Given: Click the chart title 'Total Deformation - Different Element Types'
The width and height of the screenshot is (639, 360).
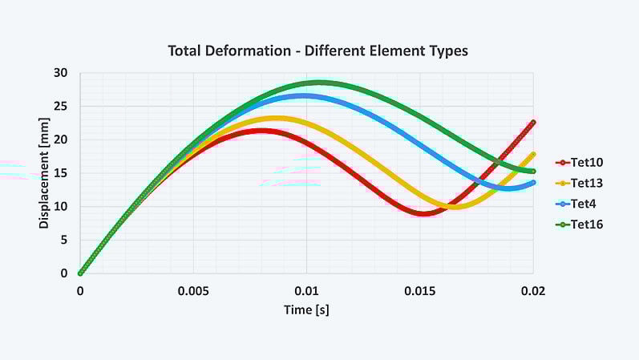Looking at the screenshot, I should [x=317, y=51].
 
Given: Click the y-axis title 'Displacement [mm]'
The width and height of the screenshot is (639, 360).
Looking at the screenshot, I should [x=44, y=172].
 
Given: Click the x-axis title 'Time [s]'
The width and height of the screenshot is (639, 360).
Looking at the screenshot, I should [x=306, y=309].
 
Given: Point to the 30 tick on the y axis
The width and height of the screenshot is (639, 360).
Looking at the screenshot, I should [x=62, y=73].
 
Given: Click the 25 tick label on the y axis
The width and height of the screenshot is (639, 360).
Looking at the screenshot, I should [x=62, y=107].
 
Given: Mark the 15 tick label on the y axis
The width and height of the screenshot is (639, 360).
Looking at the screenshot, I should [x=62, y=173].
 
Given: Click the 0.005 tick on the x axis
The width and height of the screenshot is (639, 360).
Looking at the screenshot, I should [x=193, y=291].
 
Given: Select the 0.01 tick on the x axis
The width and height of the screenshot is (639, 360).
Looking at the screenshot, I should [x=306, y=291].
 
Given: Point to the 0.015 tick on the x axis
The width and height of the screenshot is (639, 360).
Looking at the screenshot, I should [x=420, y=291].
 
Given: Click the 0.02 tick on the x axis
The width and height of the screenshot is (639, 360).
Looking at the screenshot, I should [x=533, y=291].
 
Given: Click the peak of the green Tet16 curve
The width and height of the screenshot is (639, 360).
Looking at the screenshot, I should [x=320, y=83].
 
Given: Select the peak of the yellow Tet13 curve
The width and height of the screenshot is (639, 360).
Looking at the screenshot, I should [x=277, y=119].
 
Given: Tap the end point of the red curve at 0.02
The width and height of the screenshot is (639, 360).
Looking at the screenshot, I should [x=533, y=123].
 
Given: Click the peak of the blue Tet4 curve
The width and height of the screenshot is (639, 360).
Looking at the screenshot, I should [x=305, y=95].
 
